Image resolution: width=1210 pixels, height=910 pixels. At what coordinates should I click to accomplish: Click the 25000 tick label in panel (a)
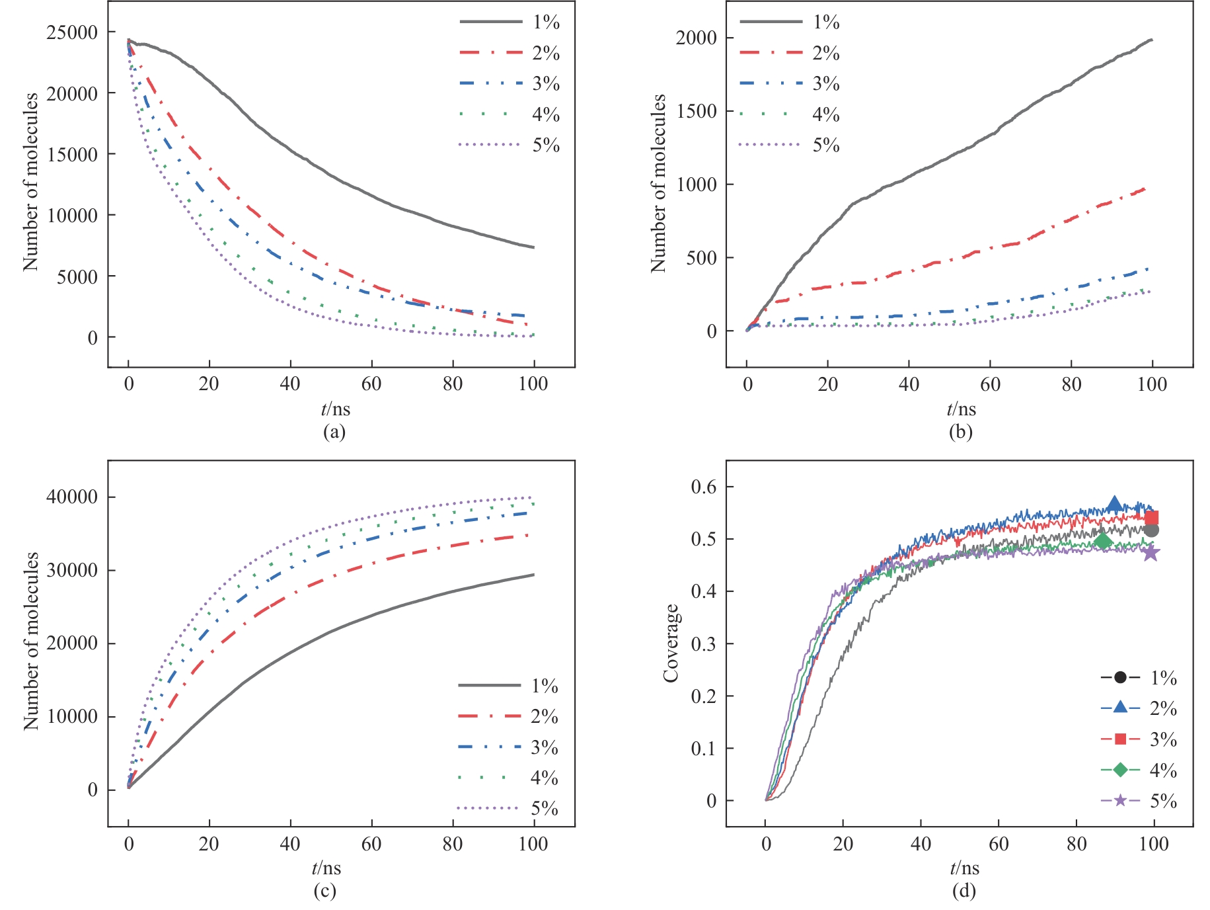tap(71, 32)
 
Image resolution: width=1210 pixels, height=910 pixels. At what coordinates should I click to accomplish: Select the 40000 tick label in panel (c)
tap(71, 497)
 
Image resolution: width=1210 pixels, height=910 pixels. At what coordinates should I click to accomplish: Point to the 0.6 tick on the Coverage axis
tap(703, 487)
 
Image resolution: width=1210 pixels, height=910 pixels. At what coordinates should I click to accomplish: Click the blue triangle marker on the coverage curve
tap(1114, 505)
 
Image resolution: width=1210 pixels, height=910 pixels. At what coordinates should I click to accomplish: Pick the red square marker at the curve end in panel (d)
tap(1151, 518)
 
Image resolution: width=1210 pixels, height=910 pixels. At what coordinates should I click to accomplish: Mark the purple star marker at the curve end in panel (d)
tap(1151, 553)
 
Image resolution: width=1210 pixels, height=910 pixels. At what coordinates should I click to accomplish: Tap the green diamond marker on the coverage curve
tap(1102, 542)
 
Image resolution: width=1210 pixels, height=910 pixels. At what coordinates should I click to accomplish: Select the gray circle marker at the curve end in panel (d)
tap(1151, 530)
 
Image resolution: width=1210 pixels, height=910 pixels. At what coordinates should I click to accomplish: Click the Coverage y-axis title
tap(671, 643)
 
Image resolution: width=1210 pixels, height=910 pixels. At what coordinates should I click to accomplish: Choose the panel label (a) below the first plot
tap(334, 433)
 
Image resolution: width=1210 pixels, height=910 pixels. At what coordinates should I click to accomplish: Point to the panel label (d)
tap(964, 891)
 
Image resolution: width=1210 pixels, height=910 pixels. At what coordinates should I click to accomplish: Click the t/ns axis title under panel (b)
tap(961, 409)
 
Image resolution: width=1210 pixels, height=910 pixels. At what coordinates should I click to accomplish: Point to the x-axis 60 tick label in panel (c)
tap(371, 844)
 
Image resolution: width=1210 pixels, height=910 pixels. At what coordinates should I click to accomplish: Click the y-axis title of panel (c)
tap(31, 641)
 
